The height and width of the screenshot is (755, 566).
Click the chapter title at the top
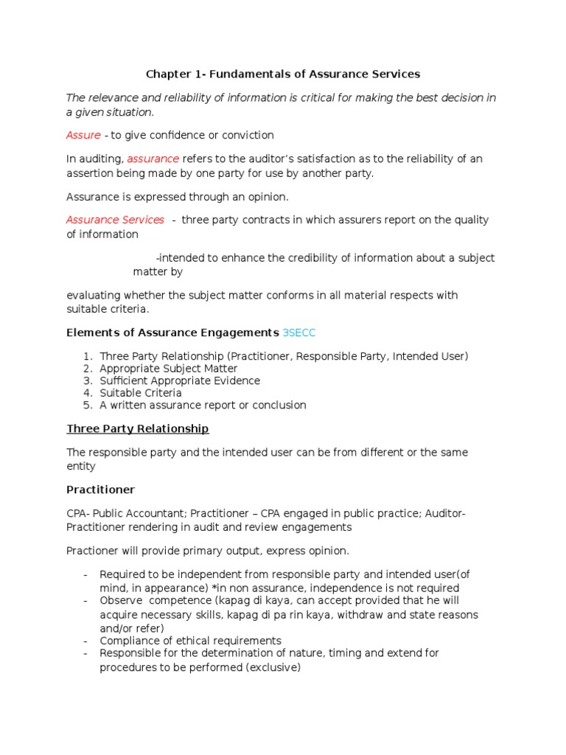[x=282, y=74]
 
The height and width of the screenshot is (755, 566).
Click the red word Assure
[x=83, y=135]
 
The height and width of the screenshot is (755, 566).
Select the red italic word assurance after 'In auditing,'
[x=153, y=159]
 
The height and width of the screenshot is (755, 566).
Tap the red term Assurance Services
[x=115, y=220]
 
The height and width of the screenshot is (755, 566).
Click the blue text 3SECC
[x=298, y=333]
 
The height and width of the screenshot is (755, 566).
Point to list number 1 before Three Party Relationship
[x=87, y=356]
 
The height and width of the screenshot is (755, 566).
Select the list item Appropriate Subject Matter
[x=169, y=369]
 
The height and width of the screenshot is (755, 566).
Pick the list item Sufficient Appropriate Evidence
[x=180, y=380]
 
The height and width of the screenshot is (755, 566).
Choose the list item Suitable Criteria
[x=141, y=393]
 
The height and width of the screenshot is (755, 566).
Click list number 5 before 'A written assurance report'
[x=87, y=405]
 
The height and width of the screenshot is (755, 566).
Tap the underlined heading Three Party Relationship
[x=138, y=428]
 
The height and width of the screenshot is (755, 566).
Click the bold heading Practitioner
[x=101, y=490]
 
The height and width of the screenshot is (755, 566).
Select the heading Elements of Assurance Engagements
[x=172, y=333]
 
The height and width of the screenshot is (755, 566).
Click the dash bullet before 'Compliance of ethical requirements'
[x=86, y=641]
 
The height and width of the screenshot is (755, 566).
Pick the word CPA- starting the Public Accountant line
[x=79, y=513]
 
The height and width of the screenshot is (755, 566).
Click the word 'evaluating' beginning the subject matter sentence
[x=91, y=295]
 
